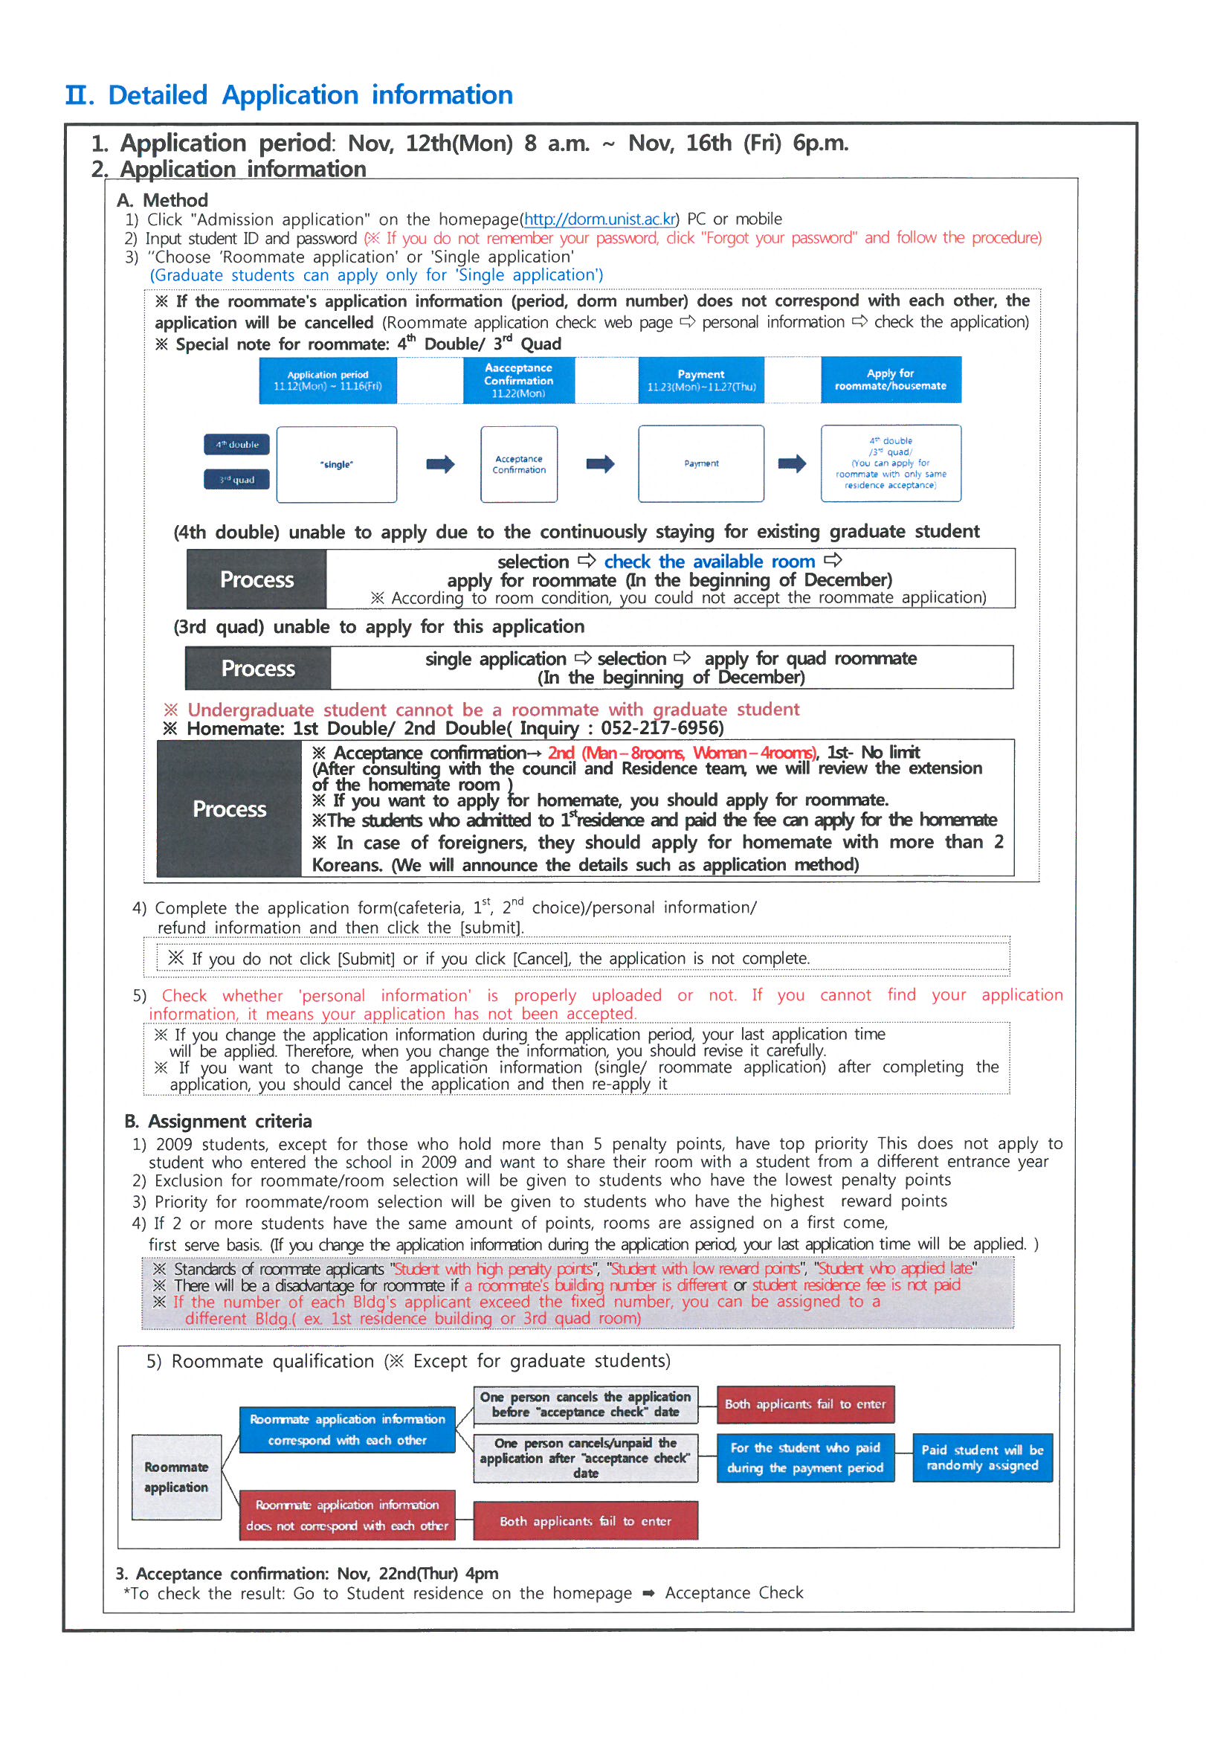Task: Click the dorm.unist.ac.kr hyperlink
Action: pyautogui.click(x=600, y=219)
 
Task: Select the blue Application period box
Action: pyautogui.click(x=327, y=380)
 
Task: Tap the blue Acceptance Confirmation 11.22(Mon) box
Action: pyautogui.click(x=519, y=380)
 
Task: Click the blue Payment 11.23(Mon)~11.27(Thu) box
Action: pyautogui.click(x=700, y=380)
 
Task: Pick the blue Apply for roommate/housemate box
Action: pyautogui.click(x=891, y=379)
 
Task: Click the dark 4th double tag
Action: pyautogui.click(x=236, y=445)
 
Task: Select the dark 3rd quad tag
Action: pyautogui.click(x=236, y=480)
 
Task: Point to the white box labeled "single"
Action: pyautogui.click(x=336, y=464)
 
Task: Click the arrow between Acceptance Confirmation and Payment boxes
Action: pyautogui.click(x=600, y=463)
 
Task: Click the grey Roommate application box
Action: pyautogui.click(x=176, y=1477)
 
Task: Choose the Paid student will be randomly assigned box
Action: pyautogui.click(x=981, y=1457)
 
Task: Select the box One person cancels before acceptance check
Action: pyautogui.click(x=584, y=1404)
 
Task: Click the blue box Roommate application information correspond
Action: pyautogui.click(x=346, y=1430)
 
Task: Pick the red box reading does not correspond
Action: pyautogui.click(x=346, y=1515)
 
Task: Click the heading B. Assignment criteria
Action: pyautogui.click(x=218, y=1121)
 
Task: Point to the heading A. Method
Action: pyautogui.click(x=162, y=201)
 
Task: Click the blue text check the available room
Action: pyautogui.click(x=709, y=562)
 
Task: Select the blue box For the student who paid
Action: pyautogui.click(x=805, y=1457)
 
